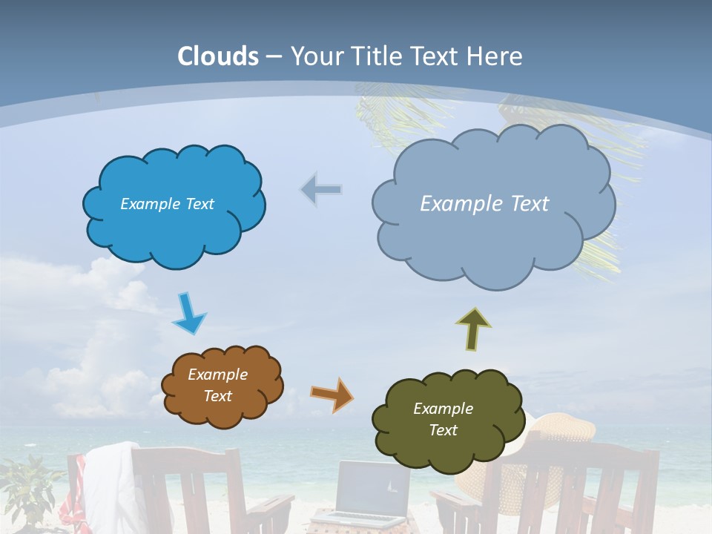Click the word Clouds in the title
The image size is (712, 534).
218,56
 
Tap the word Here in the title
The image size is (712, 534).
495,56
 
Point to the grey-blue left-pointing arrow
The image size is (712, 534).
321,190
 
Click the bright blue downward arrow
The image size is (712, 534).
189,313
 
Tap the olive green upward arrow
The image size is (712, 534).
473,329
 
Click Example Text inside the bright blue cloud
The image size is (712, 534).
167,204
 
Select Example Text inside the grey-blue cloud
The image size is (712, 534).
484,204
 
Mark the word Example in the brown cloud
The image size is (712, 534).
217,375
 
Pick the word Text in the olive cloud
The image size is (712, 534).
443,430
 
